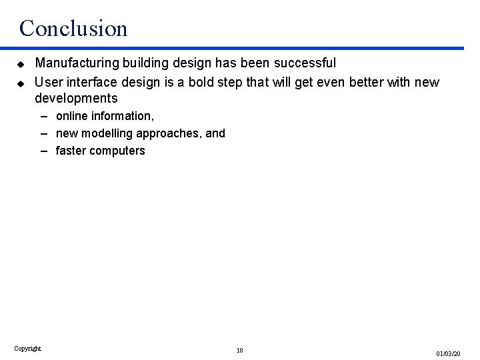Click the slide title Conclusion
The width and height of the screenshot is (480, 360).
point(73,28)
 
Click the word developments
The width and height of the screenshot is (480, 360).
point(76,99)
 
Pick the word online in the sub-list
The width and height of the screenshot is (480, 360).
point(72,116)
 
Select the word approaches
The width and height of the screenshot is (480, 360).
point(169,133)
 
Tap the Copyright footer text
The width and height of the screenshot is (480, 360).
point(27,348)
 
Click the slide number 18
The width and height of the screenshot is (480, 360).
point(239,350)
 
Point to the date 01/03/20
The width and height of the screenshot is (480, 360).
point(449,352)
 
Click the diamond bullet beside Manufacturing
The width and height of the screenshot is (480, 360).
point(21,64)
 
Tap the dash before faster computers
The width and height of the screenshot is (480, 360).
point(43,151)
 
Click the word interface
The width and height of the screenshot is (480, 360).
point(89,81)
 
